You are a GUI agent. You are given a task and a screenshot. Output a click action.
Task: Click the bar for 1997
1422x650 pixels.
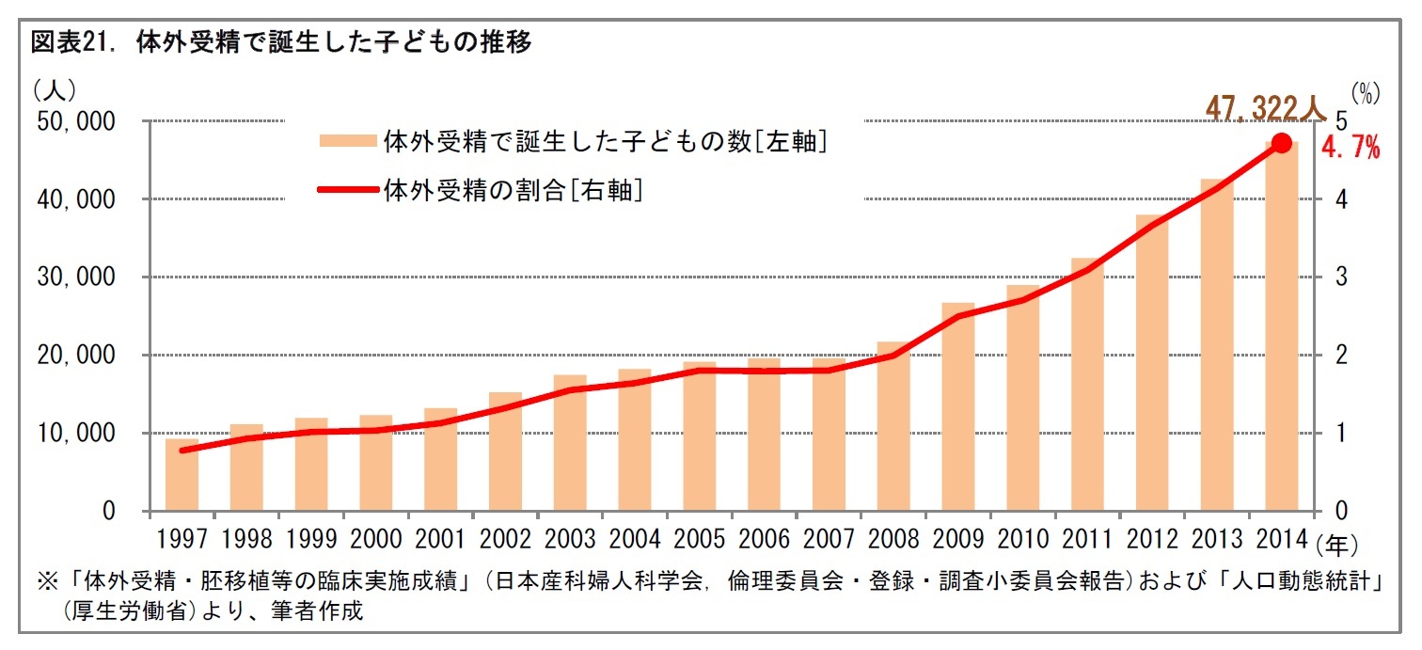pyautogui.click(x=182, y=475)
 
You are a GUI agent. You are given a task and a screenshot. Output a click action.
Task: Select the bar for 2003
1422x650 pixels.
pyautogui.click(x=570, y=443)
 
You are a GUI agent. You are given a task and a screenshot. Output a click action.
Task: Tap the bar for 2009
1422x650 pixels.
pyautogui.click(x=958, y=407)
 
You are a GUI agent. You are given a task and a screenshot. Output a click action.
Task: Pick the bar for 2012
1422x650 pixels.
pyautogui.click(x=1152, y=363)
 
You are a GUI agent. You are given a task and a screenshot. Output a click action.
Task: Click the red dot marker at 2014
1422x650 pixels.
pyautogui.click(x=1281, y=143)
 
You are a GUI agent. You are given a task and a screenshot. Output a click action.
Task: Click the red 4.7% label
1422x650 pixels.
pyautogui.click(x=1351, y=148)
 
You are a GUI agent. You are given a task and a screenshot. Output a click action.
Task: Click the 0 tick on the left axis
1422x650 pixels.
pyautogui.click(x=108, y=512)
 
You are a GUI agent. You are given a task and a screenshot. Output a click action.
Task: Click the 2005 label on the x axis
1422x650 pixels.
pyautogui.click(x=699, y=539)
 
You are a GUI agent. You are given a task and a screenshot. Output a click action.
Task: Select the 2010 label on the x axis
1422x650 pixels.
pyautogui.click(x=1023, y=539)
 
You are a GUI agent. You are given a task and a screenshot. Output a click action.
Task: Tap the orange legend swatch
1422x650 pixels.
pyautogui.click(x=348, y=141)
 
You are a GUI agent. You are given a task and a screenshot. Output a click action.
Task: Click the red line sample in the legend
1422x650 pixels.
pyautogui.click(x=348, y=189)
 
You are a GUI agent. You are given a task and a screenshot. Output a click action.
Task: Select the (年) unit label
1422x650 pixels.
pyautogui.click(x=1341, y=544)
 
